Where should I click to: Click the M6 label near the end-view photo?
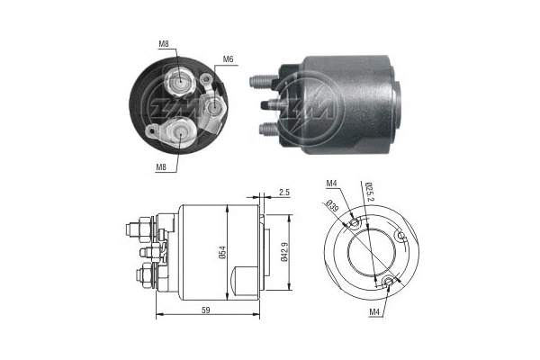tap(228, 58)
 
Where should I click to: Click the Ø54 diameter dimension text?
tap(221, 255)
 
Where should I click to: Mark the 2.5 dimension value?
tap(283, 193)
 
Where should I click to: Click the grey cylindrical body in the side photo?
tap(351, 99)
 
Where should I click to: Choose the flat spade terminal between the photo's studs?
tap(266, 104)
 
